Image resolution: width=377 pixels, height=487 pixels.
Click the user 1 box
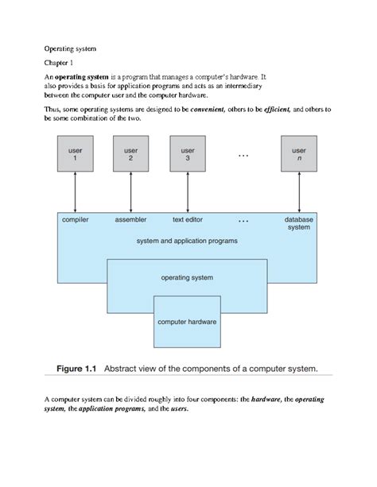pyautogui.click(x=74, y=155)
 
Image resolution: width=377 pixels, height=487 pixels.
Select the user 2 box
pyautogui.click(x=131, y=155)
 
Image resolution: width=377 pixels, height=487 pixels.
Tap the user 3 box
pyautogui.click(x=188, y=155)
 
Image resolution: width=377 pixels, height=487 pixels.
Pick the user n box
pyautogui.click(x=299, y=155)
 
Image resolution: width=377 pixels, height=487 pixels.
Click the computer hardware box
pyautogui.click(x=188, y=322)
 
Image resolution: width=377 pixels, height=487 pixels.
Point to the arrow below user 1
pyautogui.click(x=74, y=193)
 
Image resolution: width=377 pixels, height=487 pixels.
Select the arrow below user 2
pyautogui.click(x=131, y=193)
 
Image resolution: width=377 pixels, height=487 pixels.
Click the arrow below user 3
pyautogui.click(x=188, y=193)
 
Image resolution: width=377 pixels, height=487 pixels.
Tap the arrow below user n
pyautogui.click(x=299, y=193)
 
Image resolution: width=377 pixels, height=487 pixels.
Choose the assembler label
pyautogui.click(x=131, y=219)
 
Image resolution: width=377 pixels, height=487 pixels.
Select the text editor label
pyautogui.click(x=188, y=219)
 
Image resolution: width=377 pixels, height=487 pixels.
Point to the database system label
pyautogui.click(x=299, y=223)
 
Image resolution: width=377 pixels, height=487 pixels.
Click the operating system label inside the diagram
pyautogui.click(x=188, y=278)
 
